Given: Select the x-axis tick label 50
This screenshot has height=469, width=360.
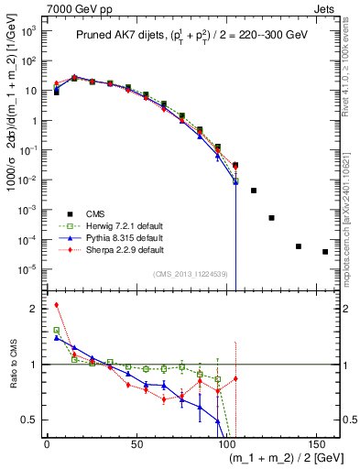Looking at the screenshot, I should tap(136, 443).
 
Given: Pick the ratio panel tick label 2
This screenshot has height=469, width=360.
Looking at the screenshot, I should tap(38, 309).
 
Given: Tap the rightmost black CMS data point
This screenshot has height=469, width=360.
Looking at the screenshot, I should tap(325, 251).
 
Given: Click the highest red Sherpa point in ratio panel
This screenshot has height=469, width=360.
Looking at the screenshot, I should tap(56, 305).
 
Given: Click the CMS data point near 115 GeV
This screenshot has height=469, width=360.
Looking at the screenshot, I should tap(254, 191).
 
